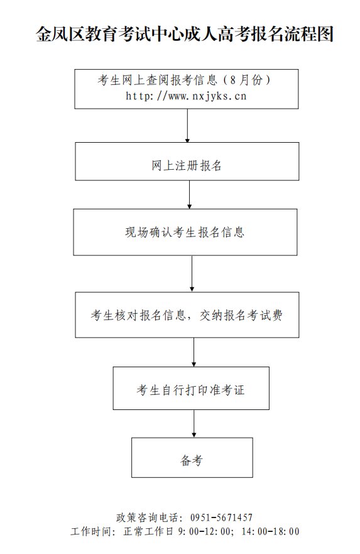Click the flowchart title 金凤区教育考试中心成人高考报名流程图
[x=185, y=35]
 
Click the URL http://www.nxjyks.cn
[x=186, y=96]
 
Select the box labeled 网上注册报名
[x=187, y=162]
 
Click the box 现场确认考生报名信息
[x=185, y=232]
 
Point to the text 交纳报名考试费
[x=241, y=315]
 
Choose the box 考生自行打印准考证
[x=191, y=388]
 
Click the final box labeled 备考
[x=192, y=458]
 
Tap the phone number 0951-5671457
[x=221, y=518]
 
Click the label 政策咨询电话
[x=147, y=518]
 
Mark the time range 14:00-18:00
[x=270, y=531]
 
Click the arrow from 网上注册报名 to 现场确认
[x=190, y=195]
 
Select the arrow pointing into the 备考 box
[x=194, y=424]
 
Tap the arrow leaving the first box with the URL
[x=187, y=125]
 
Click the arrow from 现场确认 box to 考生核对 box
[x=192, y=274]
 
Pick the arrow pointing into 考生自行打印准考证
[x=194, y=352]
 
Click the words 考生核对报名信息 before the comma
[x=138, y=315]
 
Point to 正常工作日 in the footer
[x=148, y=531]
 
